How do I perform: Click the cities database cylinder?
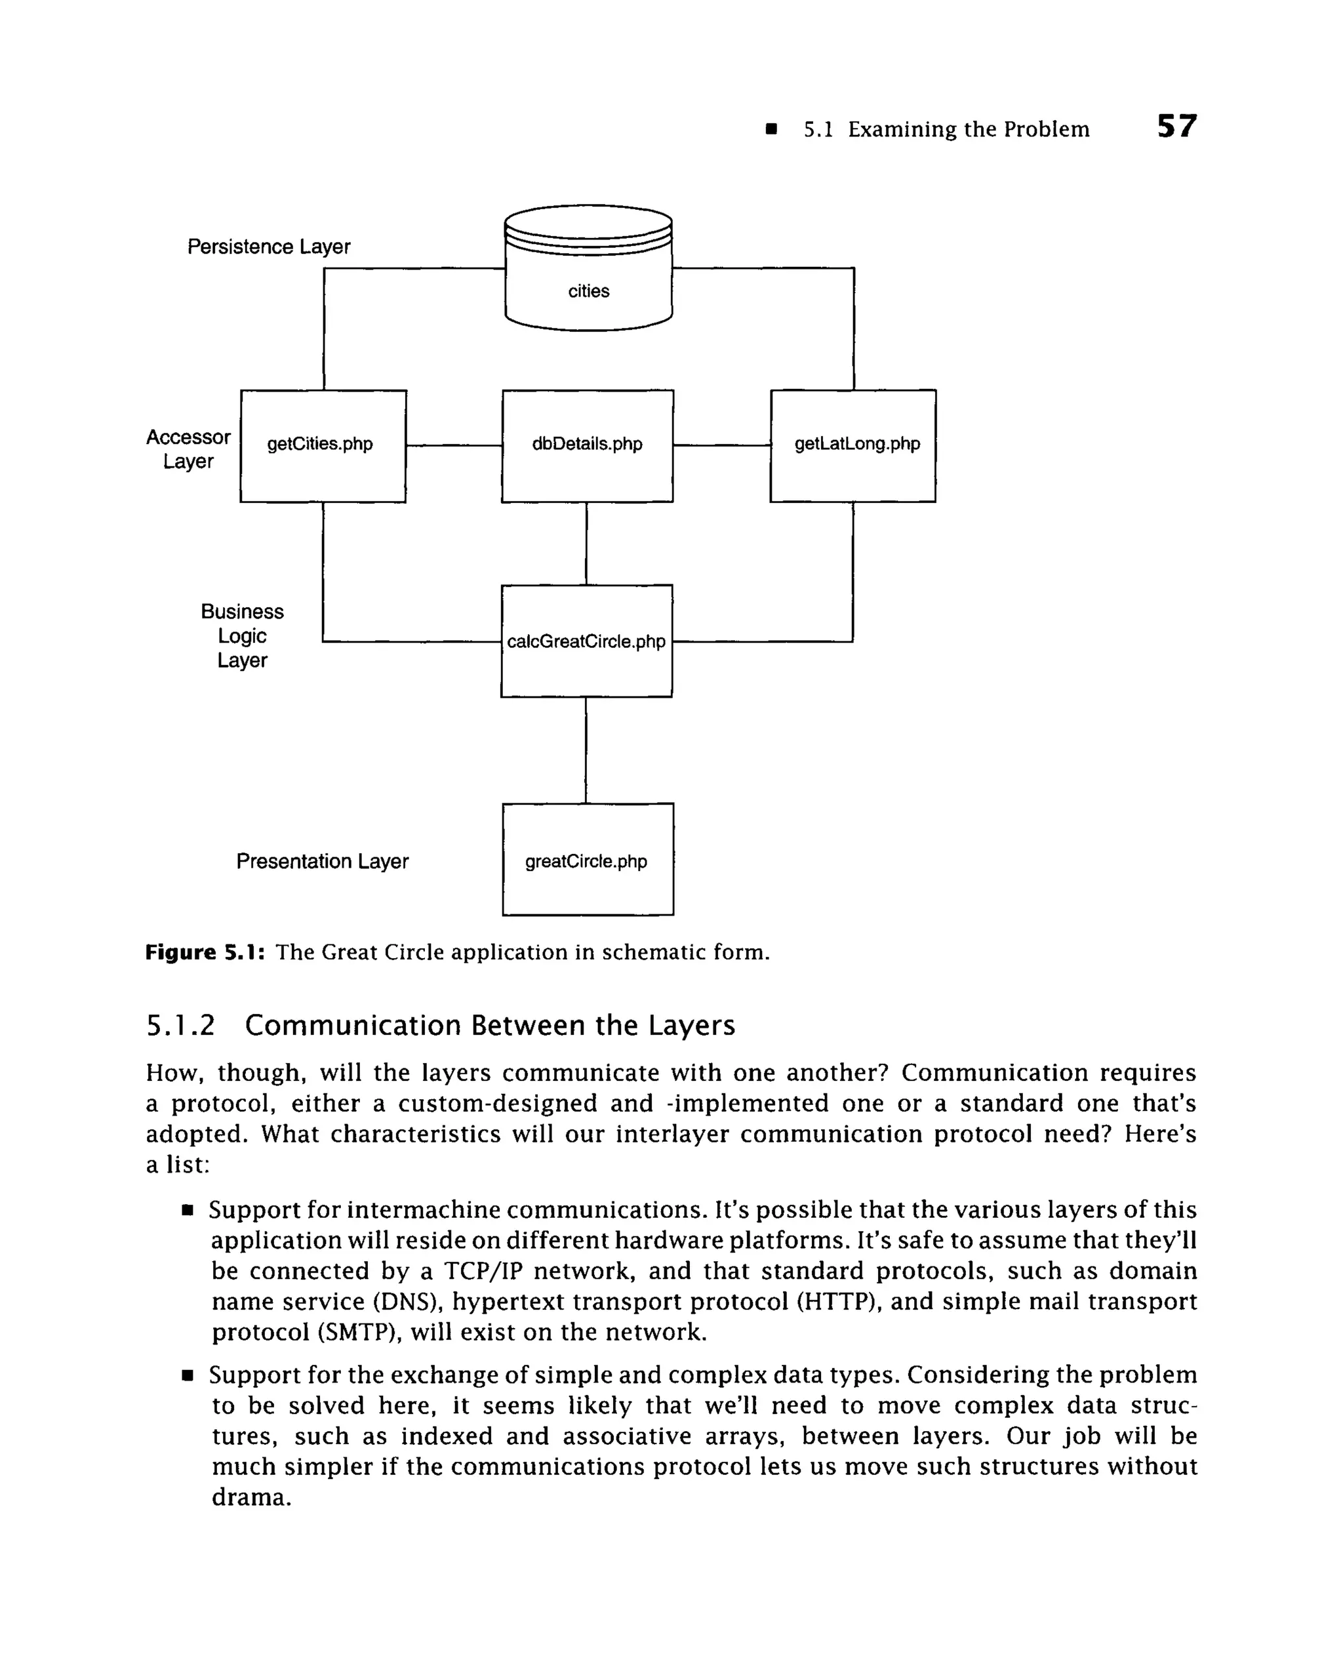(588, 271)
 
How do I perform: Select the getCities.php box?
(323, 446)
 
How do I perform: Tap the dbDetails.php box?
(587, 446)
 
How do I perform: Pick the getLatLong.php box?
(852, 446)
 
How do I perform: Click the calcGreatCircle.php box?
(586, 641)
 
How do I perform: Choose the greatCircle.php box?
(587, 859)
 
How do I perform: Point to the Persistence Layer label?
(268, 247)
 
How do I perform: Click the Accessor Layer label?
(188, 449)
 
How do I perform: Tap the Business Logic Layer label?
(242, 636)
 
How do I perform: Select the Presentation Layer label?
(322, 860)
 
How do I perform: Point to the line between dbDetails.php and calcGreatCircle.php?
(586, 543)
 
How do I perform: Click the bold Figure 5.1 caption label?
(206, 952)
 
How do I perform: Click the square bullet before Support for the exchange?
(186, 1376)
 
